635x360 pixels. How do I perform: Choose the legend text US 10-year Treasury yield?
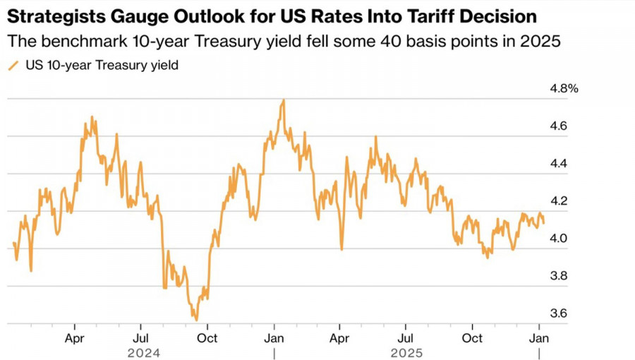pos(102,66)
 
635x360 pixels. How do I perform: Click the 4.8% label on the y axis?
pos(564,89)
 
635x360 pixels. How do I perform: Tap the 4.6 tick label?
pos(559,126)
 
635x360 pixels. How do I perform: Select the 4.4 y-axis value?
pos(559,164)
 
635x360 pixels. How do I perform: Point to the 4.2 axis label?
pos(559,201)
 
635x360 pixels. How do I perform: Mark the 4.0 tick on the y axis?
pos(559,239)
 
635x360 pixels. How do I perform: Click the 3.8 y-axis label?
pos(559,275)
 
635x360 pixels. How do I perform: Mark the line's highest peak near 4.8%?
pos(283,100)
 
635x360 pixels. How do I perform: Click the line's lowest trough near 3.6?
pos(195,320)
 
